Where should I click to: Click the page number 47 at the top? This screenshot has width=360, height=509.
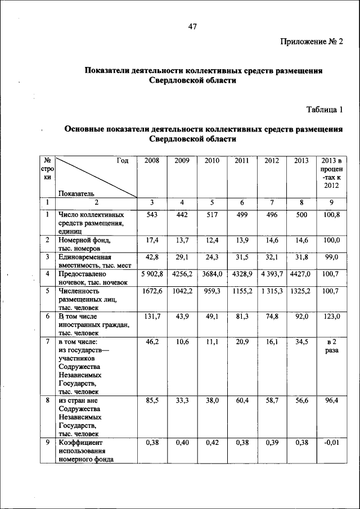(x=192, y=26)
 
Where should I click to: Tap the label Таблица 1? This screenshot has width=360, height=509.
(x=324, y=108)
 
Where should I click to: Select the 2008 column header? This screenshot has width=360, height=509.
(x=152, y=161)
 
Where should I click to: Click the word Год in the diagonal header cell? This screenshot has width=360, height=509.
(x=123, y=161)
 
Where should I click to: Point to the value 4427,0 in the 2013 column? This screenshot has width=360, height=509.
(x=301, y=273)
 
